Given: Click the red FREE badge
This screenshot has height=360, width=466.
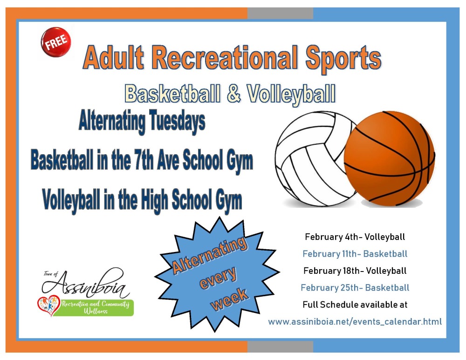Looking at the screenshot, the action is [x=56, y=42].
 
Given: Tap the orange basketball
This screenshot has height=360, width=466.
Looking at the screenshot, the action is [x=389, y=159].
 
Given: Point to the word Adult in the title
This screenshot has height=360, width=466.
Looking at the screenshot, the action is [x=114, y=57].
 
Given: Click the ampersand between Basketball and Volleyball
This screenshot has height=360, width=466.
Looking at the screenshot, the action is [x=233, y=93].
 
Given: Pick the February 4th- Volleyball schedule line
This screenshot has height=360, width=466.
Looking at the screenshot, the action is [x=355, y=237].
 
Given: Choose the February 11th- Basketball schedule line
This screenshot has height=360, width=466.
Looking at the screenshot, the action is [x=355, y=254].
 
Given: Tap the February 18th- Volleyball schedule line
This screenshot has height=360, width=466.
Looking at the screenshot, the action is [x=355, y=271].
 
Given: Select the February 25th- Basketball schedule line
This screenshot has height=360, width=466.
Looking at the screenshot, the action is [x=355, y=287].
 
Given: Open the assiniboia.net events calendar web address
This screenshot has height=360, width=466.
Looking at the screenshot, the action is [x=355, y=321].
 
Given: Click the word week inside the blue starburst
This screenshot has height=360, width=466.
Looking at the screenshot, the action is [x=229, y=299].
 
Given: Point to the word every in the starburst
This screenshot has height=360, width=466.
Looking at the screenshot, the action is [x=218, y=278].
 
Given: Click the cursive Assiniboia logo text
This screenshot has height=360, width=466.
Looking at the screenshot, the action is [x=86, y=284].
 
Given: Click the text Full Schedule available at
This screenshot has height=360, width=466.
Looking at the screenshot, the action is [x=355, y=305].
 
